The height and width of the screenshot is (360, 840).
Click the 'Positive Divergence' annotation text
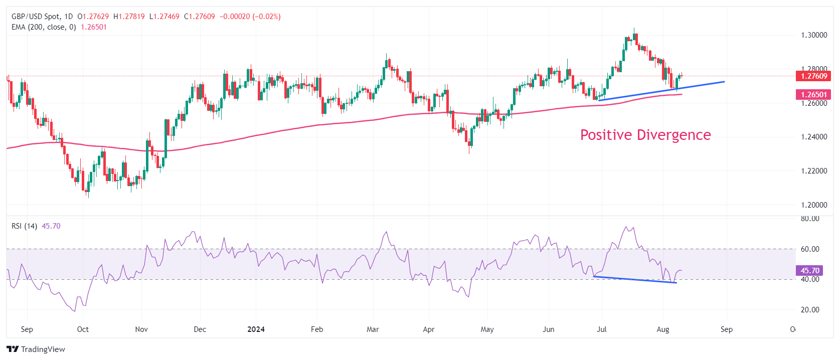coord(645,135)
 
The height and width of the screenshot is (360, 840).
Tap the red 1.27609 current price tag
coord(813,76)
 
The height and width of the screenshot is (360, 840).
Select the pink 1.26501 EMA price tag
coord(813,94)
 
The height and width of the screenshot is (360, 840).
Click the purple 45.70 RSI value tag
coord(809,271)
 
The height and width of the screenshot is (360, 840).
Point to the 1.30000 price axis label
coord(813,35)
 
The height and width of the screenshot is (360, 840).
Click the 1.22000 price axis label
coord(813,171)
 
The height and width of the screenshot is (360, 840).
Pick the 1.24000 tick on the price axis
coord(813,137)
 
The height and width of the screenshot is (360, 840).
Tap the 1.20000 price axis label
coord(813,205)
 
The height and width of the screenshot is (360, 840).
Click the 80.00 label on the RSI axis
coord(810,219)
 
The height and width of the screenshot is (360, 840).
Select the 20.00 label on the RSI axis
coord(810,310)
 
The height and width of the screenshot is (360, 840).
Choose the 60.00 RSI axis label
coord(810,249)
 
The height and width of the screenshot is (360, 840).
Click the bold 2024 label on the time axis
coord(256,329)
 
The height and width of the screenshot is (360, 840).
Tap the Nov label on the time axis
coord(141,329)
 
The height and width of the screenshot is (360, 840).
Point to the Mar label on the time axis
coord(373,329)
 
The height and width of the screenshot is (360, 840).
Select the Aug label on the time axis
coord(663,329)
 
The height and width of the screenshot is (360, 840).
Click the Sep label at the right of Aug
coord(727,329)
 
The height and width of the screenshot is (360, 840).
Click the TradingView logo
coord(36,349)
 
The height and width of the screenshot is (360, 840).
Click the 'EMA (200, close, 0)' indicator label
coord(44,27)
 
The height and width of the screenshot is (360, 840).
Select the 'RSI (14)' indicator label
coord(24,226)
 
